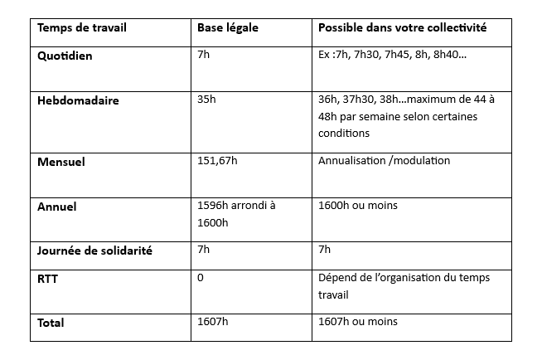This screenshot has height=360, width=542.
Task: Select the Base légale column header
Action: (x=228, y=28)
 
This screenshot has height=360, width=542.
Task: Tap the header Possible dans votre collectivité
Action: (x=402, y=28)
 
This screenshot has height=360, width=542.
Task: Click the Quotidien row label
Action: (x=65, y=55)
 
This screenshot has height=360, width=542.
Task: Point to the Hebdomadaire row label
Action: (x=78, y=100)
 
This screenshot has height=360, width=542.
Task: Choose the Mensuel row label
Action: (x=61, y=161)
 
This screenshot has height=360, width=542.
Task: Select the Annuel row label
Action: (x=57, y=207)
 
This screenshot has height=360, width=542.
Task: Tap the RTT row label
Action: (x=47, y=278)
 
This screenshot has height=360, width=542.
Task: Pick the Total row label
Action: (x=51, y=322)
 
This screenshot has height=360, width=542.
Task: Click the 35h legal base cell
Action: (x=206, y=100)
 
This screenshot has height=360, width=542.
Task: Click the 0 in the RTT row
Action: (x=201, y=277)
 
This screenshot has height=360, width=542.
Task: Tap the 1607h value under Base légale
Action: (x=212, y=322)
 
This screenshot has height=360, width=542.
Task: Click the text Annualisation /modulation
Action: (x=384, y=161)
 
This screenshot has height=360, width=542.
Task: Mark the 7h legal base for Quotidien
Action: (x=203, y=55)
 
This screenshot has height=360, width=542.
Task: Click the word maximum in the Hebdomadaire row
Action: (x=446, y=100)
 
